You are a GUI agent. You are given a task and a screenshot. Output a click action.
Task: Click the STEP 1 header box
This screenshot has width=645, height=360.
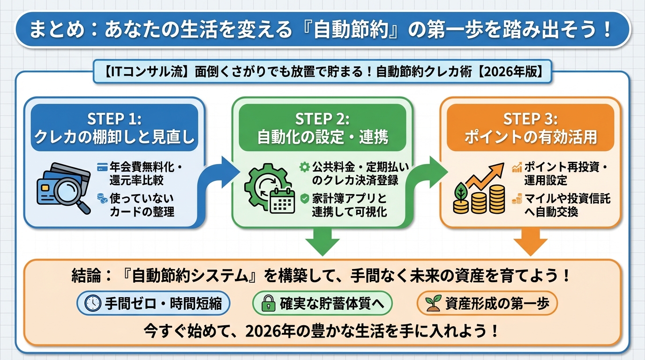point(114,127)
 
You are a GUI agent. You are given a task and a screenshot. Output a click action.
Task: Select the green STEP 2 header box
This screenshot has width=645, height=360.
point(322,127)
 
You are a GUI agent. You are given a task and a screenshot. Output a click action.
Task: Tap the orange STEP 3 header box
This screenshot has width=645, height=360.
point(530,127)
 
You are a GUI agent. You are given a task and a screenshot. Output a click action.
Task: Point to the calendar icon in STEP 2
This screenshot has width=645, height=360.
point(282,201)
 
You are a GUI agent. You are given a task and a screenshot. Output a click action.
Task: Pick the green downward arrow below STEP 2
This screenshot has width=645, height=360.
point(322,241)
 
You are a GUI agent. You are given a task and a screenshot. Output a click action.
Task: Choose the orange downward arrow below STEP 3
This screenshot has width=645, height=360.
point(530,241)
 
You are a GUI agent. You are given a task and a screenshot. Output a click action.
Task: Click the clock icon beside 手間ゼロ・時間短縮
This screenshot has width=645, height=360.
point(92,304)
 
